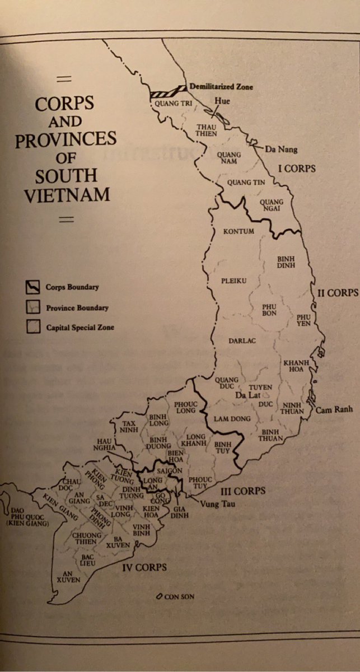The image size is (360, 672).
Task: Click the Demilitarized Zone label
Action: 221,87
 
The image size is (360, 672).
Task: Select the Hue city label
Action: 222,101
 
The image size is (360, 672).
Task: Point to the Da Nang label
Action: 281,149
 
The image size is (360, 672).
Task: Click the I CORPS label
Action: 297,168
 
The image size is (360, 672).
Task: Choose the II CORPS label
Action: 338,293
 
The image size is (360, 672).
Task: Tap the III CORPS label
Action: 241,491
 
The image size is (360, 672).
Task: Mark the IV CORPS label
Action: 144,567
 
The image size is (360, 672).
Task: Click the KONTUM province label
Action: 239,231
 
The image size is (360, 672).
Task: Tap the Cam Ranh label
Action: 334,409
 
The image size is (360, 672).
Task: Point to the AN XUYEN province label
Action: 69,576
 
